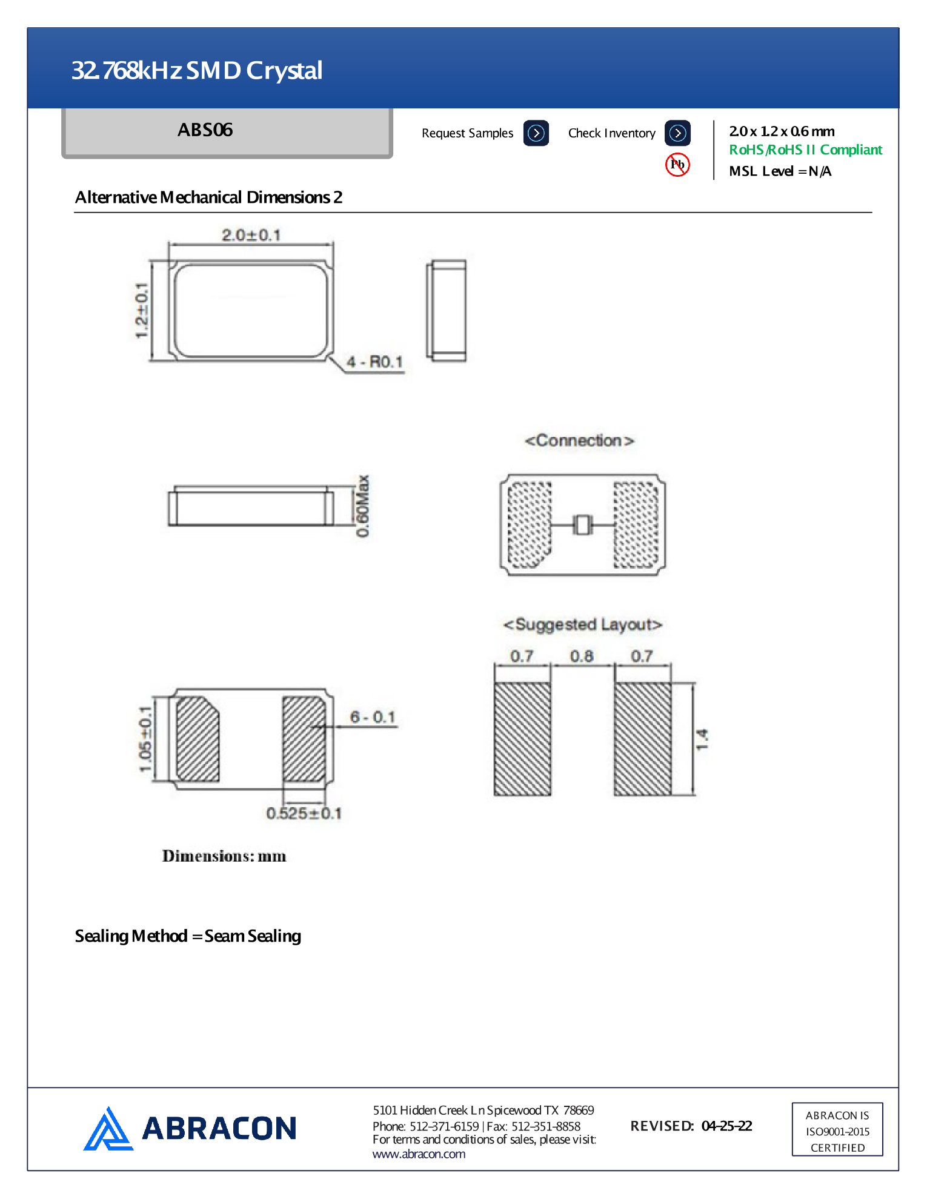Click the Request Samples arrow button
536,133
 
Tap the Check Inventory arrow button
677,133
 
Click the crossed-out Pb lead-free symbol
677,165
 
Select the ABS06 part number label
205,130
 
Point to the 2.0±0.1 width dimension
251,235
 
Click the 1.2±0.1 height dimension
141,311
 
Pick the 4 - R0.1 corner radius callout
374,362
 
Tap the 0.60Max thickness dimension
362,506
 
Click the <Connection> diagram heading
579,441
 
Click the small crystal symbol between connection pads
582,524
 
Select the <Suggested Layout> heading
582,624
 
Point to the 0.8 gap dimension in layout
582,656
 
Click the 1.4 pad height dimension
702,739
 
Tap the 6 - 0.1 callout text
373,717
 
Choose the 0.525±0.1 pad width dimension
304,813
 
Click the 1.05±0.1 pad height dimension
145,739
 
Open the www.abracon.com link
419,1154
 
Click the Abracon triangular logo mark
108,1129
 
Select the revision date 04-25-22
726,1126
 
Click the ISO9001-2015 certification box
837,1130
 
